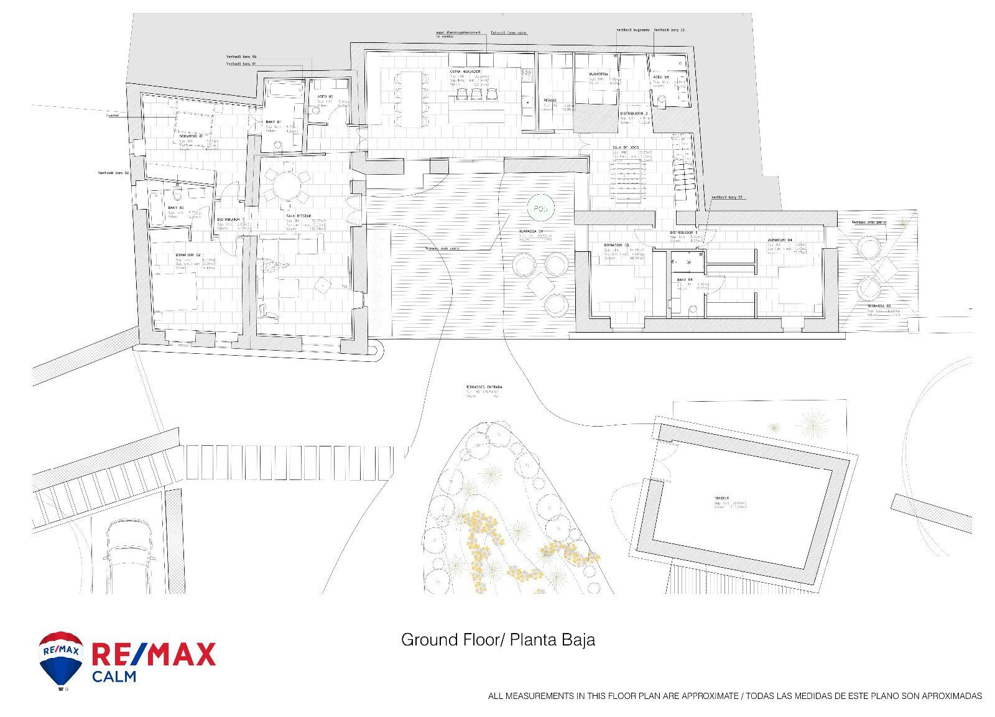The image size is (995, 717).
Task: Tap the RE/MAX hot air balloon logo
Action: point(60,660)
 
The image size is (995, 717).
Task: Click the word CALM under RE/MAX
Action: point(114,677)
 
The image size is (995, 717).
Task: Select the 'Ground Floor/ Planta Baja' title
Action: point(497,640)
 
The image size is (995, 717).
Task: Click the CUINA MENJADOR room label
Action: point(466,72)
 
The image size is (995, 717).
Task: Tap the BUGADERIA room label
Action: point(598,75)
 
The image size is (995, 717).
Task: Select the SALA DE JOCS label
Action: point(626,147)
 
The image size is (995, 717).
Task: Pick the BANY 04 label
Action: point(685,280)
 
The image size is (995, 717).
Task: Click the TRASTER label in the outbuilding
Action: point(721,498)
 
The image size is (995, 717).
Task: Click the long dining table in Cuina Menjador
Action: point(410,99)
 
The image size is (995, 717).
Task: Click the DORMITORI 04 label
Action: point(780,240)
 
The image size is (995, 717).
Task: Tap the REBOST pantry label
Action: point(550,100)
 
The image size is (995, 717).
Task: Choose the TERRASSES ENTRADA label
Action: point(484,387)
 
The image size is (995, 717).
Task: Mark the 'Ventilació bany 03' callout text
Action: point(727,197)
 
